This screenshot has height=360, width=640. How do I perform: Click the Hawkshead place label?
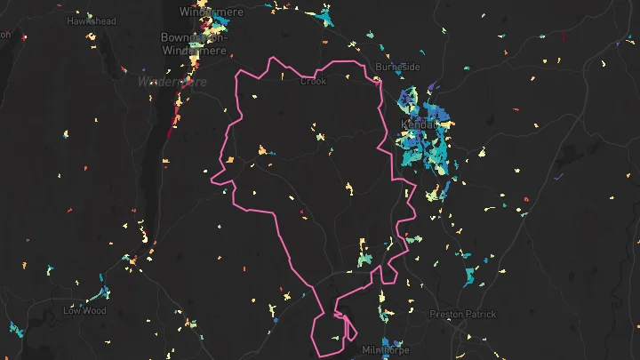pos(92,20)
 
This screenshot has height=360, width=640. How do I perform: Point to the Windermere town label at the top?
pos(211,12)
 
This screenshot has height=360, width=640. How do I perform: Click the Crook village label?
pos(314,81)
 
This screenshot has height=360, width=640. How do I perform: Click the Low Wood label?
pos(84,311)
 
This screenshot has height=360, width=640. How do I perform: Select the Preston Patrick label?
pos(463,314)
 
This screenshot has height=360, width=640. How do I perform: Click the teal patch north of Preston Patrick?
pos(469,276)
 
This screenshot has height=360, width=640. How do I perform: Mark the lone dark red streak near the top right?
pos(563,37)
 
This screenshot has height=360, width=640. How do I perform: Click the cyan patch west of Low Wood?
pos(14,329)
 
